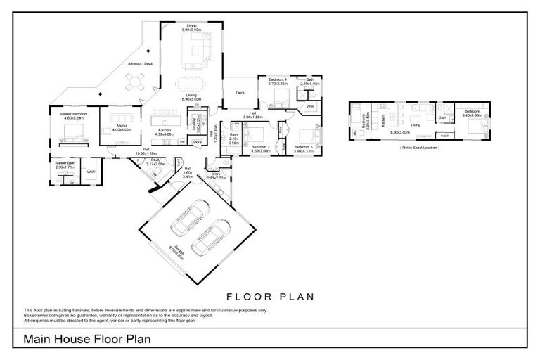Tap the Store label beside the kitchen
pyautogui.click(x=198, y=143)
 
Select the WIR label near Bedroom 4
pyautogui.click(x=309, y=106)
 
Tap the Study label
pyautogui.click(x=156, y=160)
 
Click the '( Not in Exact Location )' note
pyautogui.click(x=420, y=148)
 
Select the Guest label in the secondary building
pyautogui.click(x=444, y=135)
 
